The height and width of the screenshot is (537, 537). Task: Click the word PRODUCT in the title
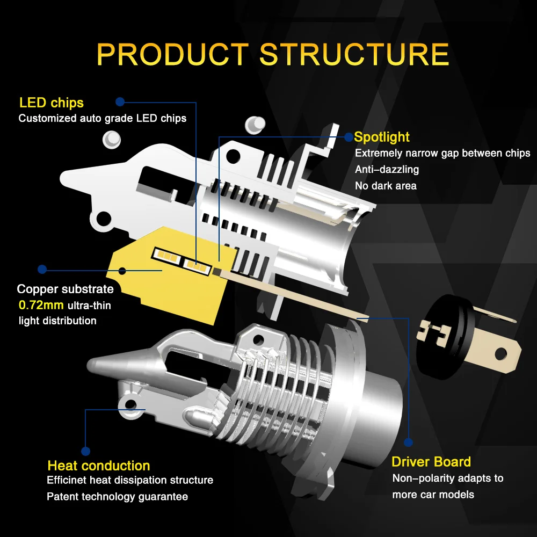172,54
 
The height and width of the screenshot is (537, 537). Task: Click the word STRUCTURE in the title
354,54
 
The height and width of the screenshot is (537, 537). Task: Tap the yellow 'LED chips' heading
51,102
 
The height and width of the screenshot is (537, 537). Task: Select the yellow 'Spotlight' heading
382,137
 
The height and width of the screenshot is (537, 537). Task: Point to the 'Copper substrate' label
65,289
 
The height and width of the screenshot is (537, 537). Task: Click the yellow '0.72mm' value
41,306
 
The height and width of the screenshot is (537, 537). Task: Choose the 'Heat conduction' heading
98,466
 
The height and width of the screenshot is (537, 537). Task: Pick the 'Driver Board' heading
431,462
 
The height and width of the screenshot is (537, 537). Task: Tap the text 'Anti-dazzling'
387,170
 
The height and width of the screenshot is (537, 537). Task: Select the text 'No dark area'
386,186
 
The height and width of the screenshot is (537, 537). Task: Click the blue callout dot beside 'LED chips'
120,101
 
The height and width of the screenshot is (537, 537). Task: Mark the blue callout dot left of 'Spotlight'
349,136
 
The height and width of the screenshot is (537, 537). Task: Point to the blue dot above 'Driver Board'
408,442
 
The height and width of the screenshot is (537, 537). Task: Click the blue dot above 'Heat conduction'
85,451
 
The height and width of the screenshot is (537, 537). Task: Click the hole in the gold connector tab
500,353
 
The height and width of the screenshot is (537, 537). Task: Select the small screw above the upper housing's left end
112,139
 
